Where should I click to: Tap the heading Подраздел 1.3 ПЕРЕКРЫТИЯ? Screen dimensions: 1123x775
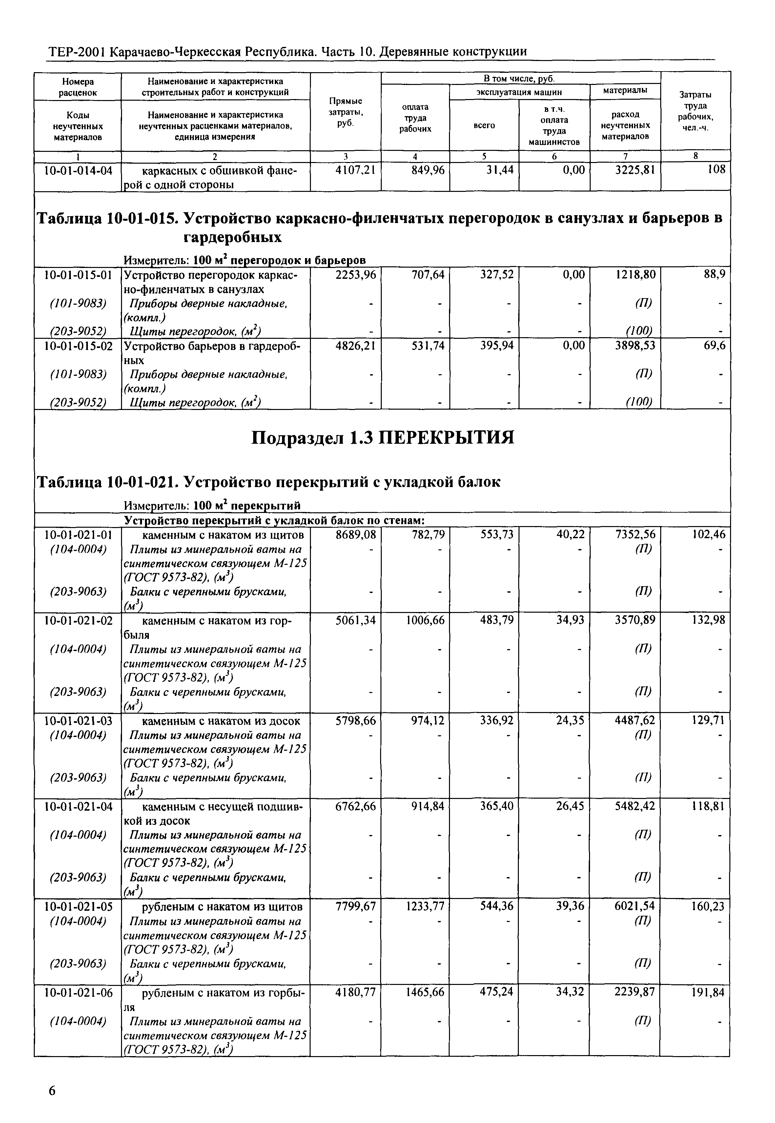coord(383,439)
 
